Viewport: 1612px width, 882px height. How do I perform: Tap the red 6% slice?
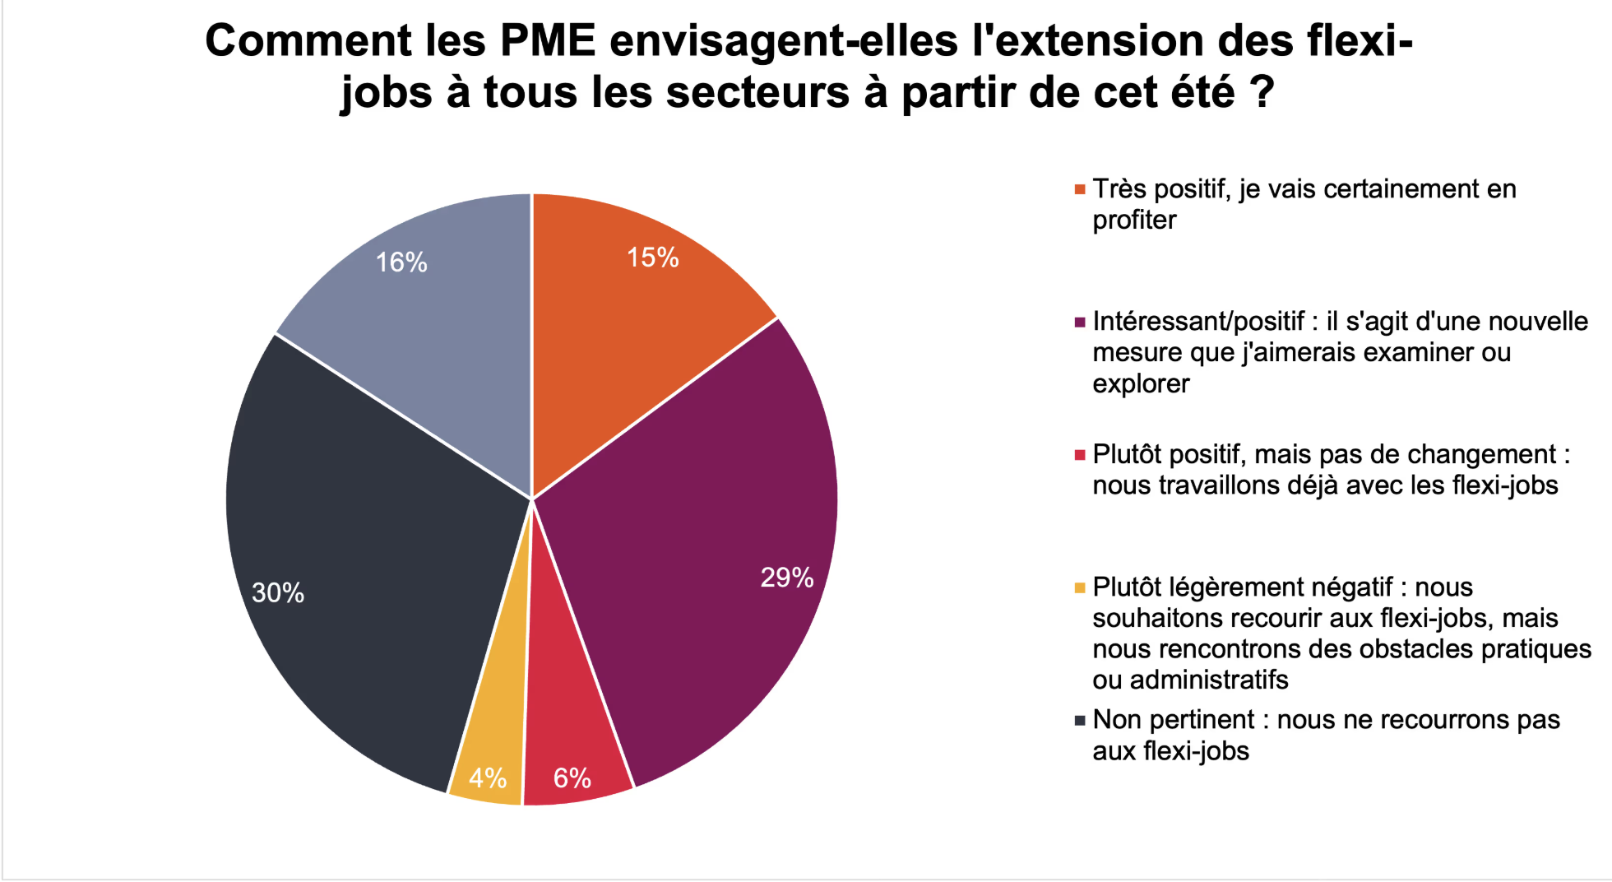pyautogui.click(x=572, y=740)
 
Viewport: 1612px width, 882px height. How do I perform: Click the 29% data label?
pyautogui.click(x=787, y=578)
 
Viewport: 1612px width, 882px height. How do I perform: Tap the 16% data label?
pyautogui.click(x=401, y=262)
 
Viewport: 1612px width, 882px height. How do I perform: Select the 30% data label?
pyautogui.click(x=278, y=592)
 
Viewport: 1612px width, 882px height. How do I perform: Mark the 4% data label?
pyautogui.click(x=488, y=778)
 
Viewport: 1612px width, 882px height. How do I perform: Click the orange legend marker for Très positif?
pyautogui.click(x=1080, y=190)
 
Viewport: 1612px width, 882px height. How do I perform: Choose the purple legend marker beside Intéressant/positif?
pyautogui.click(x=1080, y=323)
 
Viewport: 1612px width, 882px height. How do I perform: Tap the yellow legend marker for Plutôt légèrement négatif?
pyautogui.click(x=1080, y=587)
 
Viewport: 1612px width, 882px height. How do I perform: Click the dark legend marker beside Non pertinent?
pyautogui.click(x=1080, y=721)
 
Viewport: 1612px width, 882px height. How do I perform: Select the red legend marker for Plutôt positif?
pyautogui.click(x=1080, y=455)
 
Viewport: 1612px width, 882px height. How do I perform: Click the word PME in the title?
pyautogui.click(x=547, y=40)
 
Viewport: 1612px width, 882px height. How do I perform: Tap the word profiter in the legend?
pyautogui.click(x=1134, y=220)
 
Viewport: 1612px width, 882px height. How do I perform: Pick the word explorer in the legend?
pyautogui.click(x=1141, y=384)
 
